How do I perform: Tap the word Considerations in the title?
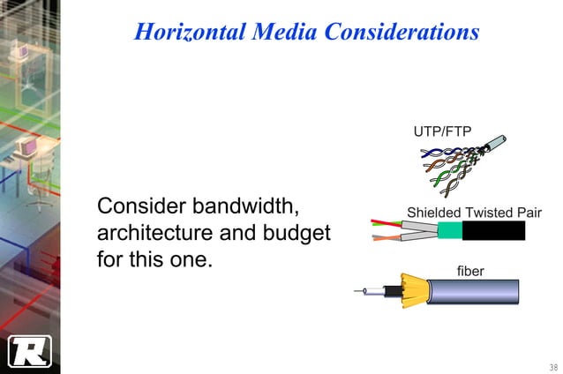[x=402, y=33]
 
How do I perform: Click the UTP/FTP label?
[x=442, y=132]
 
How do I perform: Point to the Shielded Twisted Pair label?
[x=474, y=213]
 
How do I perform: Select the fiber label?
[x=470, y=271]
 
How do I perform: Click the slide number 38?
[x=552, y=366]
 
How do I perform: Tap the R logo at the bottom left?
[x=30, y=350]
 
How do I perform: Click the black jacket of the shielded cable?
[x=493, y=231]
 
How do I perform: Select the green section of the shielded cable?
[x=447, y=231]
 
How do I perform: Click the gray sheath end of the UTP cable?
[x=496, y=142]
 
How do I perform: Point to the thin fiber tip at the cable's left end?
[x=358, y=291]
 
